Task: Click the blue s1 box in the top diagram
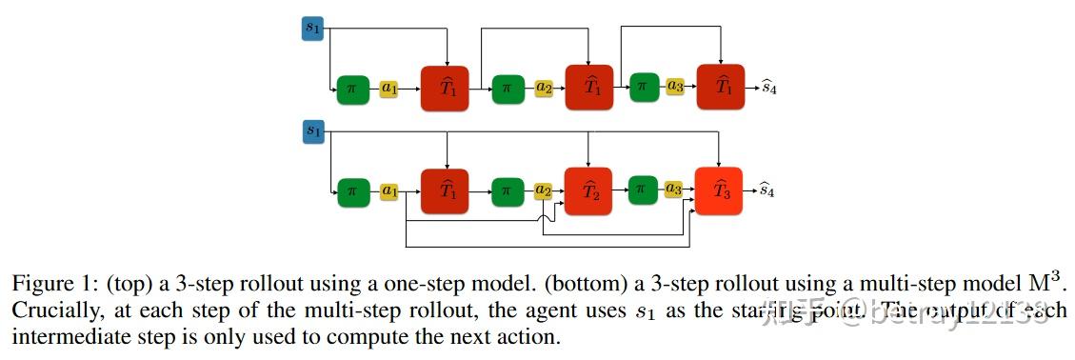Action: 312,30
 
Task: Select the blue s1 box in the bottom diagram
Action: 312,131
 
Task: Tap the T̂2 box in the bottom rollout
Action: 588,190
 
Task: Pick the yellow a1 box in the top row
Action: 389,88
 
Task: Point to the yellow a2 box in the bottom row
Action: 544,190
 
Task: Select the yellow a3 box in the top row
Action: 675,88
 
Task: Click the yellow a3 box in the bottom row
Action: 674,190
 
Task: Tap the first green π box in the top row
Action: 351,89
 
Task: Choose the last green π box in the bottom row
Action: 640,190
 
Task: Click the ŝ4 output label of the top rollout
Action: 766,88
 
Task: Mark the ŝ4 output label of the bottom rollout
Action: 766,190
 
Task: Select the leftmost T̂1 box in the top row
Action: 447,88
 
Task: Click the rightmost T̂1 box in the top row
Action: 721,88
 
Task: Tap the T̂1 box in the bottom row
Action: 447,190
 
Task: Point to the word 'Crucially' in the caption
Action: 47,310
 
